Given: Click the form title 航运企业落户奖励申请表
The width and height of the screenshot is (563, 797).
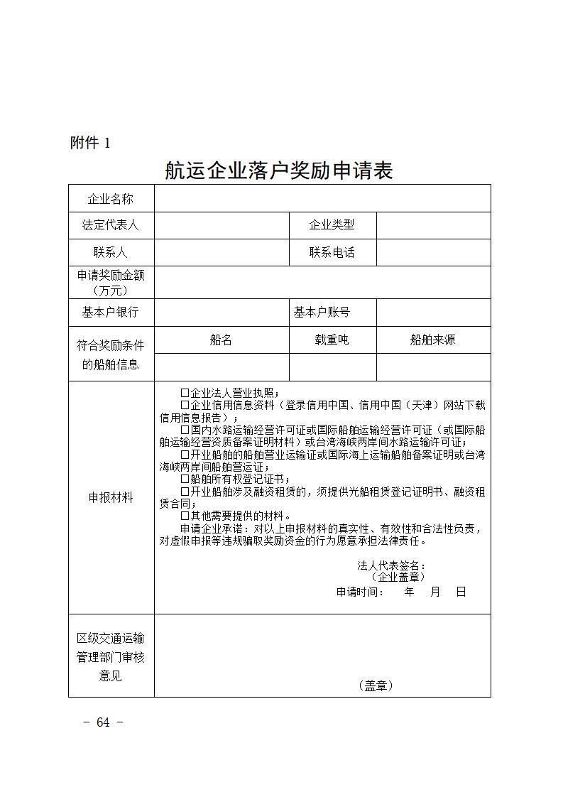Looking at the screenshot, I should click(x=278, y=170).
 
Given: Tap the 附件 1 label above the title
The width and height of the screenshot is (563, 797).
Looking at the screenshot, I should click(x=90, y=143).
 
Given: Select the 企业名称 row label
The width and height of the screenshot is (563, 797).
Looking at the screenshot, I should click(x=110, y=199).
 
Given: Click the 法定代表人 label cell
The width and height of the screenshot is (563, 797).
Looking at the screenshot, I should click(x=110, y=225).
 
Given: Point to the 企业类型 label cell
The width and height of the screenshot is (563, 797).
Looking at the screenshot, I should click(x=332, y=225).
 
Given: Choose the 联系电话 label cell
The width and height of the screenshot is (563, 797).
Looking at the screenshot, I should click(x=332, y=252).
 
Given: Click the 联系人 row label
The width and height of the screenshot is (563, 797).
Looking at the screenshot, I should click(x=110, y=252).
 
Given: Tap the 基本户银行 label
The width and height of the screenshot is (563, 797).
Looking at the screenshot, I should click(x=110, y=312).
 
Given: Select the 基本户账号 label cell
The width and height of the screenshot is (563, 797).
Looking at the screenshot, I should click(x=322, y=312).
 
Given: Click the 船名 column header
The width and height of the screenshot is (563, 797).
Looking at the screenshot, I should click(x=221, y=340).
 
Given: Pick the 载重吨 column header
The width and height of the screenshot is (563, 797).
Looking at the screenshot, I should click(x=332, y=340).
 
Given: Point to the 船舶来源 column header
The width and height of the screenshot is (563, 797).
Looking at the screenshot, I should click(x=432, y=340).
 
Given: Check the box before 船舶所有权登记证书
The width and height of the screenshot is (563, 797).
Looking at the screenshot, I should click(x=185, y=479).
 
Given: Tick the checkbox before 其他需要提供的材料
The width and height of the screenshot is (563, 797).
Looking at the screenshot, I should click(x=185, y=516).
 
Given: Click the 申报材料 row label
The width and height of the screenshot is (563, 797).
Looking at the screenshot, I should click(x=110, y=498).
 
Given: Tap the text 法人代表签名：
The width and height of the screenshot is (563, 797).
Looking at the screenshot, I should click(x=391, y=566).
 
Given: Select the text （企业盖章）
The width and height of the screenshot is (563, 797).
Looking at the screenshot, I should click(x=398, y=577).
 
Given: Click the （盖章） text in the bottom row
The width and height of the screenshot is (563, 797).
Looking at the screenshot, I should click(x=376, y=685).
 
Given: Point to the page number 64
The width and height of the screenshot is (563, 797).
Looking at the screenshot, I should click(x=103, y=722).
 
